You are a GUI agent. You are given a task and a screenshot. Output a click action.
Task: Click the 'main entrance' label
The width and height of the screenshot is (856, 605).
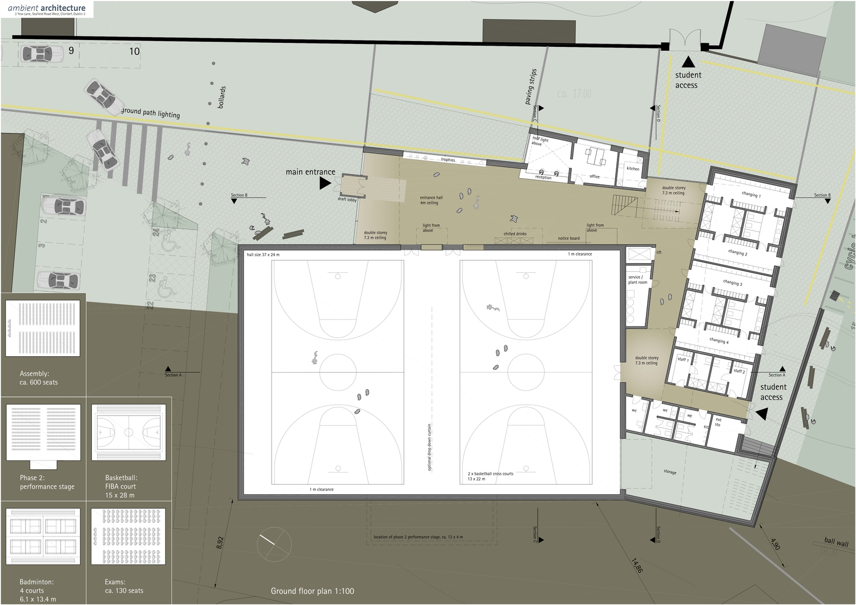click(x=310, y=172)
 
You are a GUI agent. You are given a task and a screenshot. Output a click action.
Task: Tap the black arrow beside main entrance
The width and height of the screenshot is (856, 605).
click(x=325, y=183)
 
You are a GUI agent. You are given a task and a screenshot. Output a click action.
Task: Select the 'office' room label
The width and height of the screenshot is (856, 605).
click(x=595, y=176)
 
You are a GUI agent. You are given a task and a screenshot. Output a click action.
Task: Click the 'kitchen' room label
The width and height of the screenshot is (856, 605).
click(x=633, y=169)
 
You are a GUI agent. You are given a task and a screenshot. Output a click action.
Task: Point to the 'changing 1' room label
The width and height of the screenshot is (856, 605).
click(x=751, y=195)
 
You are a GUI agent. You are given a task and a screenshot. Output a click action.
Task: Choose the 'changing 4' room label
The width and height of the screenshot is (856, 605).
click(x=718, y=341)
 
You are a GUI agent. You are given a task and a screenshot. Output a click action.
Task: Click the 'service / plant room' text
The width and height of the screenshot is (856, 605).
click(x=637, y=280)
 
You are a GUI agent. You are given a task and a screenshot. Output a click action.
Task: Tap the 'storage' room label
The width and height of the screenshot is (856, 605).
click(x=670, y=472)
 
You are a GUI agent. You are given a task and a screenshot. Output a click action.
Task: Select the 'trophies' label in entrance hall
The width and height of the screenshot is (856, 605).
click(x=448, y=160)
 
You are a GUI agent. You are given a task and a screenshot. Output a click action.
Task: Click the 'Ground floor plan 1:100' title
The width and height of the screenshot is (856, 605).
click(x=312, y=591)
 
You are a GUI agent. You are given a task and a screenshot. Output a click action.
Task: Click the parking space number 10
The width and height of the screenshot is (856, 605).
click(x=134, y=51)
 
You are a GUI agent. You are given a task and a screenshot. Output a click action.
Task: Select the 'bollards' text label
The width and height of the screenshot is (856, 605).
click(x=222, y=98)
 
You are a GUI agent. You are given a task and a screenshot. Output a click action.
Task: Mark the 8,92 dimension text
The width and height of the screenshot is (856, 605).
click(x=220, y=543)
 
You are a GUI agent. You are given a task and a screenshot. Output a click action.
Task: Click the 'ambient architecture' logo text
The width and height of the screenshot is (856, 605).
click(x=47, y=8)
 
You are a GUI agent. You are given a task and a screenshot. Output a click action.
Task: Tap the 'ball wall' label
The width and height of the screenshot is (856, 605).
click(x=836, y=542)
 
